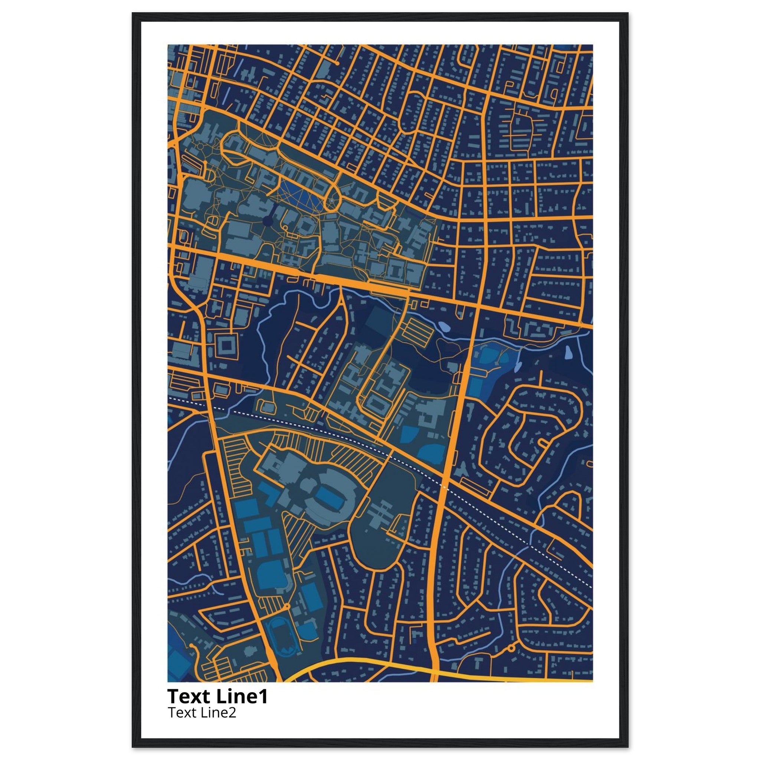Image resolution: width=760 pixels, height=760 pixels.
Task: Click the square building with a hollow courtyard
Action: coord(226,346)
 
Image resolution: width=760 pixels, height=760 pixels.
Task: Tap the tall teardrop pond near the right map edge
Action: coord(569,353)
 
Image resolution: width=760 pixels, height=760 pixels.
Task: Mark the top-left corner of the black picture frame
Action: coord(132,13)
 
